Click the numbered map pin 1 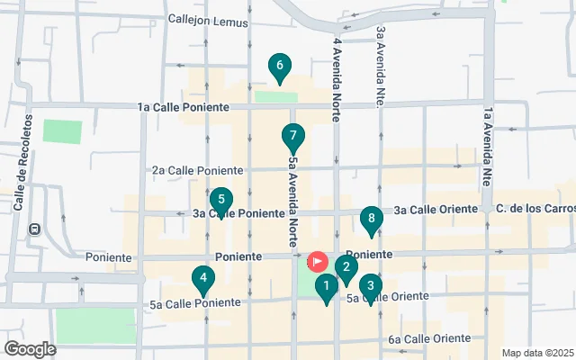[x=326, y=287]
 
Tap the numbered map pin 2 [x=346, y=267]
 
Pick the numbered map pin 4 [x=205, y=280]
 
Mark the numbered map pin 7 [x=292, y=138]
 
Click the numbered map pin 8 [x=370, y=219]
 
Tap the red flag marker [x=318, y=261]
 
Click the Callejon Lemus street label [x=206, y=21]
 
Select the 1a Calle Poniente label [x=184, y=107]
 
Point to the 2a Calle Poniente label [x=197, y=169]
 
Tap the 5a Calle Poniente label [x=195, y=303]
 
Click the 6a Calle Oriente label [x=430, y=339]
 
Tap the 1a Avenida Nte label [x=487, y=144]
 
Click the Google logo [x=30, y=349]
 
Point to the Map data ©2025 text [x=536, y=353]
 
